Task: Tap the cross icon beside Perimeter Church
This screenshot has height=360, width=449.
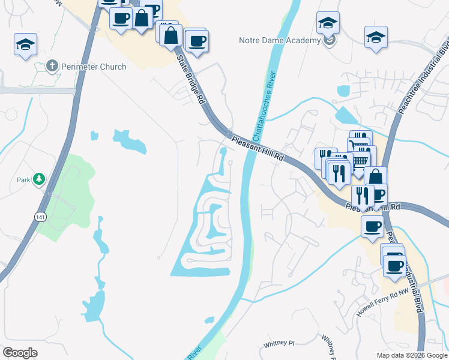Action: (52, 67)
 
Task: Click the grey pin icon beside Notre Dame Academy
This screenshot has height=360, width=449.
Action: (328, 40)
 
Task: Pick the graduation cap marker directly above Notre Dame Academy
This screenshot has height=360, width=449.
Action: (328, 23)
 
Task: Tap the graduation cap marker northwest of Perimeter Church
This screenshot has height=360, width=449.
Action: (26, 44)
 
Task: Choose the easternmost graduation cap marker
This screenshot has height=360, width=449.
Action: (376, 37)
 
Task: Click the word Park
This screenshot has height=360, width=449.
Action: (23, 179)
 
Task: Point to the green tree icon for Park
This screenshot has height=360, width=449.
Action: (39, 179)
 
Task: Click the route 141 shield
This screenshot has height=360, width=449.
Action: (40, 216)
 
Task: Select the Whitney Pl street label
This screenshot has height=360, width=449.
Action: (279, 344)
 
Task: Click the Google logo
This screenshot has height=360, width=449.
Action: (20, 353)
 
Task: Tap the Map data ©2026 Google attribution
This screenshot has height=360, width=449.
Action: (411, 355)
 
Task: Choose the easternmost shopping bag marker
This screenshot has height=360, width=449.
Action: (375, 177)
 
